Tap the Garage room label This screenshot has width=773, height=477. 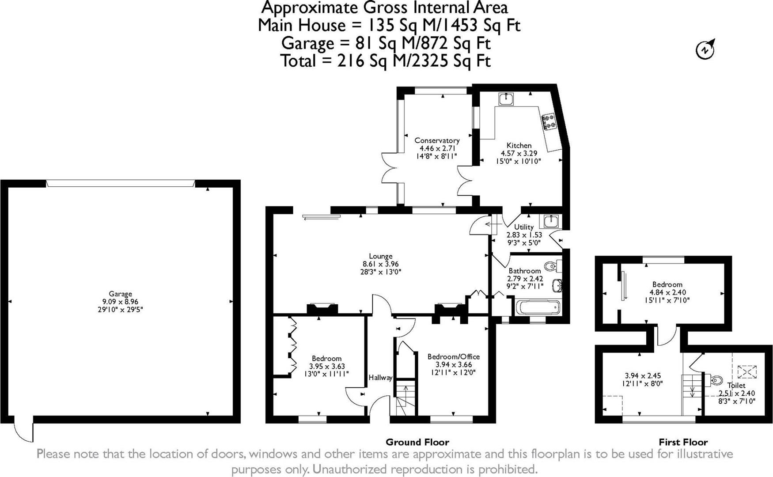pyautogui.click(x=121, y=294)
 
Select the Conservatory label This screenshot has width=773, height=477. pyautogui.click(x=437, y=140)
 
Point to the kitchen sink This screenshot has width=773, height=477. pyautogui.click(x=506, y=99)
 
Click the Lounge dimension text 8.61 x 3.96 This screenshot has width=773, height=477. pyautogui.click(x=381, y=264)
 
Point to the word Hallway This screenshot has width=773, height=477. pyautogui.click(x=380, y=378)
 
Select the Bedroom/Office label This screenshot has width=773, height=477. pyautogui.click(x=454, y=357)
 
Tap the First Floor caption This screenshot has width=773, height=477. pyautogui.click(x=683, y=442)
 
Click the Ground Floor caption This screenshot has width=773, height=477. pyautogui.click(x=417, y=442)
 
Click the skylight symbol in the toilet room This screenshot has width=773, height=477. pyautogui.click(x=747, y=371)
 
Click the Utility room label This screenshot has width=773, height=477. pyautogui.click(x=524, y=227)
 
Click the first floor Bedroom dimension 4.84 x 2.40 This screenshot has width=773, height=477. pyautogui.click(x=667, y=292)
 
